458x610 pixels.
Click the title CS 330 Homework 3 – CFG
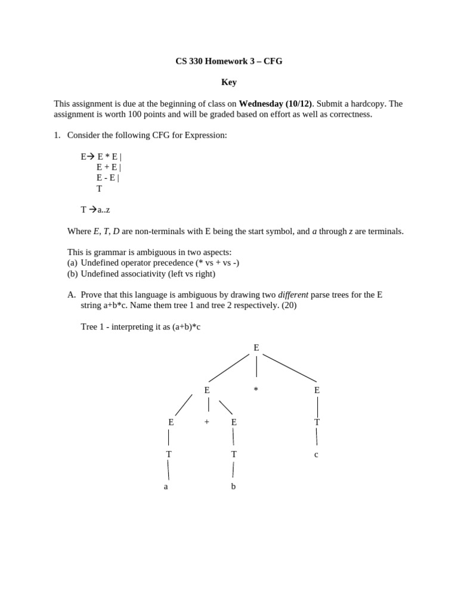click(x=228, y=61)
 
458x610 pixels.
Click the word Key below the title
click(x=229, y=82)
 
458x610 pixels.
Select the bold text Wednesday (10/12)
click(x=276, y=104)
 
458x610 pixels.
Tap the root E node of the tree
click(x=256, y=347)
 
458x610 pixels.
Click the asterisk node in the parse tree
click(x=256, y=390)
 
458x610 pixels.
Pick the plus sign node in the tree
click(x=207, y=422)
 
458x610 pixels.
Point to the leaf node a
click(x=166, y=486)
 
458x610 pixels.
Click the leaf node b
click(x=234, y=486)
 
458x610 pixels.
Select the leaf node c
click(x=316, y=455)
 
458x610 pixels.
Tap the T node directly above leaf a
click(x=169, y=454)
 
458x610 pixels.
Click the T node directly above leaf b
click(x=234, y=454)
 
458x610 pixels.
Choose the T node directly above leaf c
click(x=317, y=422)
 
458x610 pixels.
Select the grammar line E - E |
click(x=107, y=178)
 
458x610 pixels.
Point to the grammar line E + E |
click(x=109, y=167)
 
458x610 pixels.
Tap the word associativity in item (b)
click(x=144, y=274)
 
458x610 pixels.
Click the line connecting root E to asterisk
click(x=256, y=366)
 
